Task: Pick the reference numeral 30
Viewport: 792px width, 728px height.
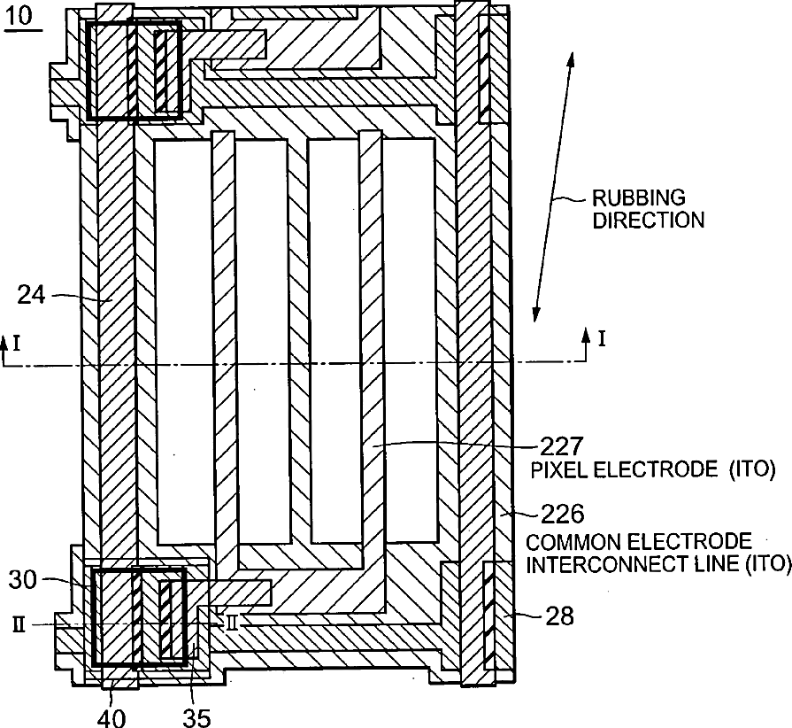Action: point(25,580)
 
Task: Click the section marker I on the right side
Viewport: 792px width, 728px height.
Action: point(602,337)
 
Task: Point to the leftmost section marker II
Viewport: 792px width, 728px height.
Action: point(19,623)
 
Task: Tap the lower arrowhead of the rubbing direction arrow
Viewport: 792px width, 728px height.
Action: point(535,314)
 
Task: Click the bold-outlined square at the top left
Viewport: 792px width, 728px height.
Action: point(135,70)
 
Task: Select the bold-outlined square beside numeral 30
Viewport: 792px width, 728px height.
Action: point(139,616)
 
